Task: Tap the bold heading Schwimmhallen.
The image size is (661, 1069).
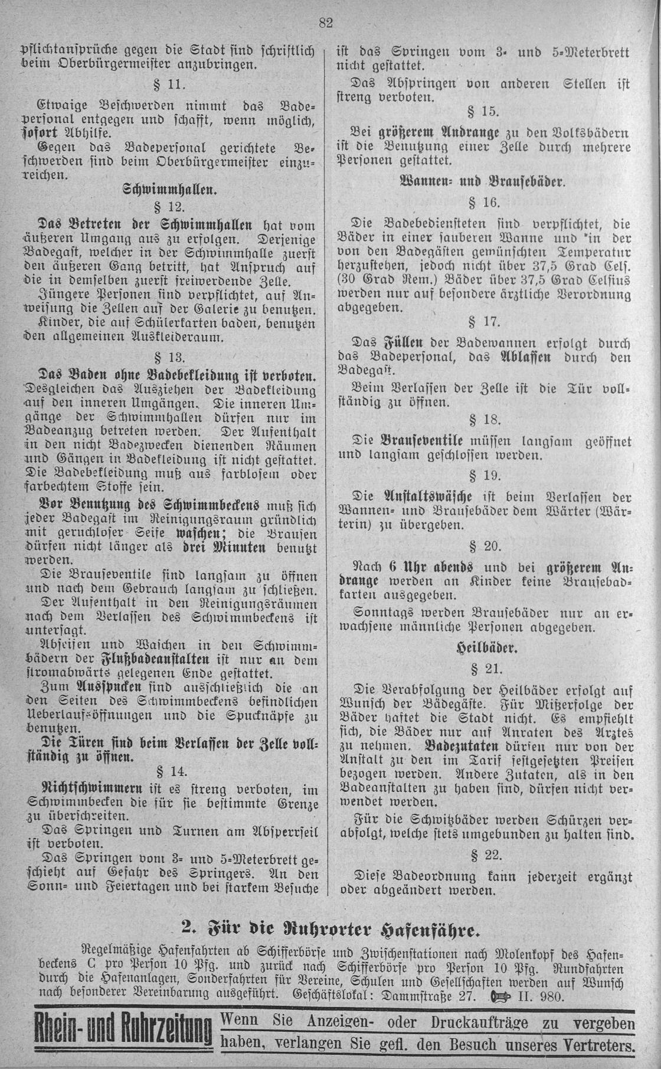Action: tap(170, 191)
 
